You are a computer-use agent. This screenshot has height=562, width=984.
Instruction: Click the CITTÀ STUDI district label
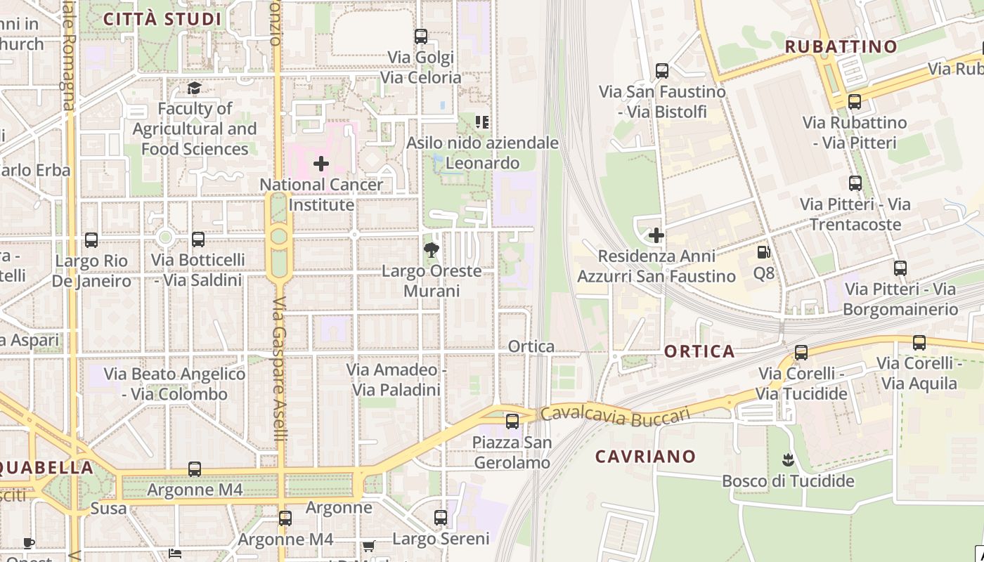pyautogui.click(x=162, y=19)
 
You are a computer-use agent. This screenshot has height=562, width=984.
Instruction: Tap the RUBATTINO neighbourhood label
pyautogui.click(x=841, y=47)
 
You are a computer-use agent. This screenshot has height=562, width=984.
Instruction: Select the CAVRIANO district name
pyautogui.click(x=645, y=457)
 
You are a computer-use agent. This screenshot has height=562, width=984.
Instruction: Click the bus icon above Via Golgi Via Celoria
pyautogui.click(x=421, y=37)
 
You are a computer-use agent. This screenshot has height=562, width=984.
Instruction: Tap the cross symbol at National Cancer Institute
pyautogui.click(x=321, y=164)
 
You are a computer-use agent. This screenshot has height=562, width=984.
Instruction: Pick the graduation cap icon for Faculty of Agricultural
pyautogui.click(x=194, y=89)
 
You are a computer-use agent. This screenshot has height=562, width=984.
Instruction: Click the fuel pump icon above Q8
pyautogui.click(x=763, y=252)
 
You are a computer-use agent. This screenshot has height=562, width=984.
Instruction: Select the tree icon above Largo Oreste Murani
pyautogui.click(x=432, y=249)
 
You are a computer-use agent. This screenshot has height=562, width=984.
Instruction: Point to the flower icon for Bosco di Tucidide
pyautogui.click(x=787, y=461)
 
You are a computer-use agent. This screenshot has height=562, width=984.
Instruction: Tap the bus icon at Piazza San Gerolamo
pyautogui.click(x=512, y=421)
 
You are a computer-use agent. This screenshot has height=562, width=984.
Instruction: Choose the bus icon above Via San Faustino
pyautogui.click(x=662, y=71)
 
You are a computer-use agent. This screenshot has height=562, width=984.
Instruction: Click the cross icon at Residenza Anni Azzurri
pyautogui.click(x=656, y=235)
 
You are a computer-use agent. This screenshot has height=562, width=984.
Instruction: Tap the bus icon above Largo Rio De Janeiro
pyautogui.click(x=91, y=240)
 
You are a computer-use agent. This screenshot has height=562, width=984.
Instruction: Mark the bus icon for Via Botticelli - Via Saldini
pyautogui.click(x=198, y=240)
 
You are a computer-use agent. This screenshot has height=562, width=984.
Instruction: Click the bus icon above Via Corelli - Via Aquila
pyautogui.click(x=919, y=343)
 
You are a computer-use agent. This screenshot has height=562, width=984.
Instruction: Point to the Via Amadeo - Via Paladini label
pyautogui.click(x=396, y=379)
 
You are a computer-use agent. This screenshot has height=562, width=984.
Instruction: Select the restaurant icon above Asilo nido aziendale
pyautogui.click(x=482, y=122)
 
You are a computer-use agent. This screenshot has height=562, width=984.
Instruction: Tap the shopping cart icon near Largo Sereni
pyautogui.click(x=368, y=546)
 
